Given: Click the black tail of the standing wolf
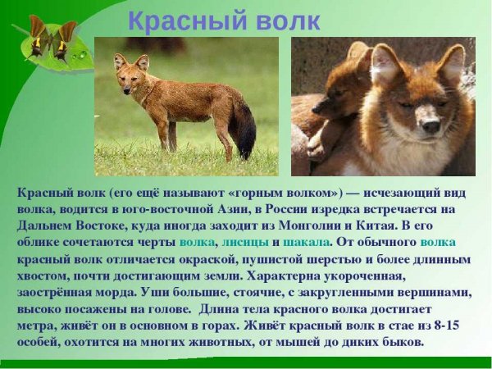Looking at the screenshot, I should tap(244, 132).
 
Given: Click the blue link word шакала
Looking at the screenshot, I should tap(308, 242).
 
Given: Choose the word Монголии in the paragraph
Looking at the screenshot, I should tap(340, 225).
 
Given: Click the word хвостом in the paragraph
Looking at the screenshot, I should tap(40, 276).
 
